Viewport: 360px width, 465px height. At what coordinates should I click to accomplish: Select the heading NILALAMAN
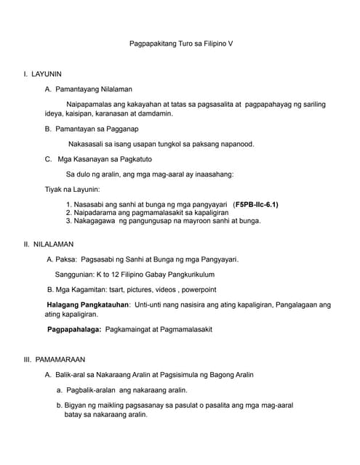coord(52,244)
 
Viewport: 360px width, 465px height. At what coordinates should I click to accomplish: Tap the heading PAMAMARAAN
coord(57,359)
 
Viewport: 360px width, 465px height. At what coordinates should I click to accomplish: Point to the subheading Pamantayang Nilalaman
coord(98,89)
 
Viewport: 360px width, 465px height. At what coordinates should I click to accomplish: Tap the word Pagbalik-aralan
coord(85,390)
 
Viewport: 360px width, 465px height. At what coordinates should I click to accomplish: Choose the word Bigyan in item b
coord(74,405)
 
